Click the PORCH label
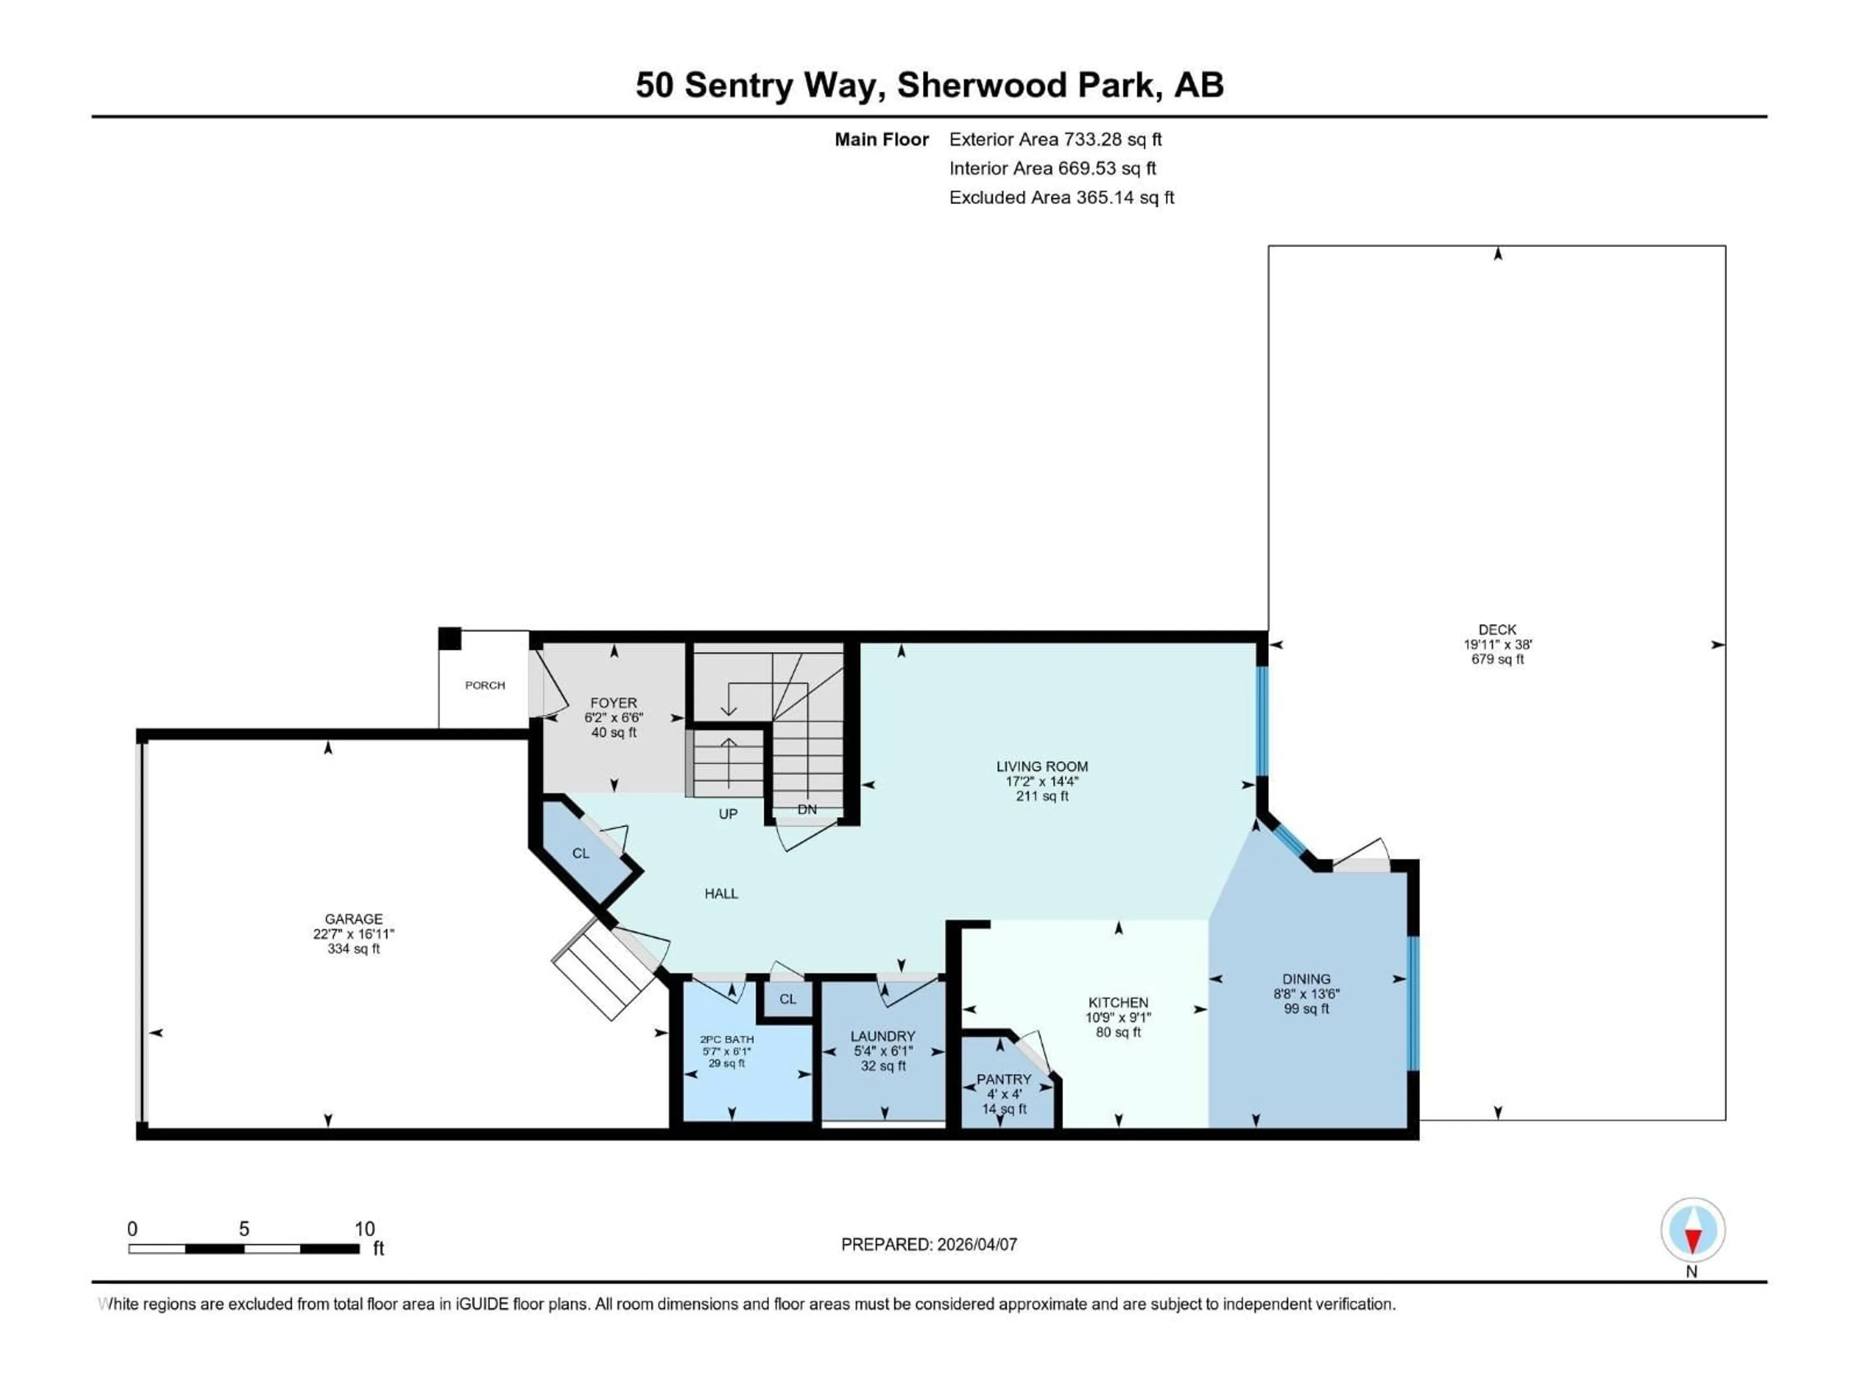pos(485,685)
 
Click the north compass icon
pos(1693,1230)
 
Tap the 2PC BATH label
pos(728,1039)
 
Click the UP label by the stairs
pos(728,814)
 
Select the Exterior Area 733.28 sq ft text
pos(1055,139)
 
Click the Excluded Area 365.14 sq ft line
pos(1061,198)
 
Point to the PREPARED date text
pos(929,1244)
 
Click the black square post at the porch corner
pos(450,639)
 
